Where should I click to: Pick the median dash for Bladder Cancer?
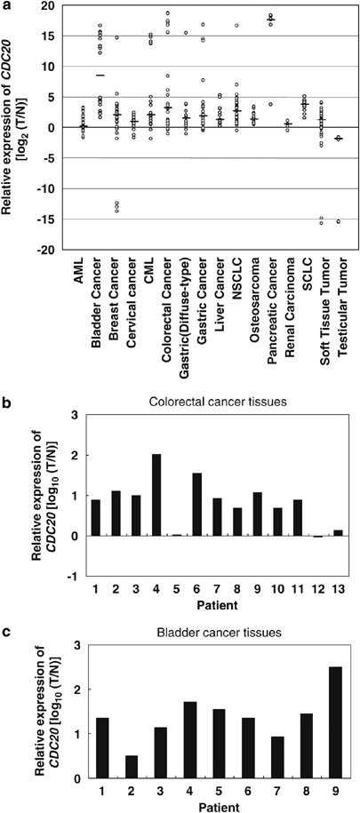pos(100,76)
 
